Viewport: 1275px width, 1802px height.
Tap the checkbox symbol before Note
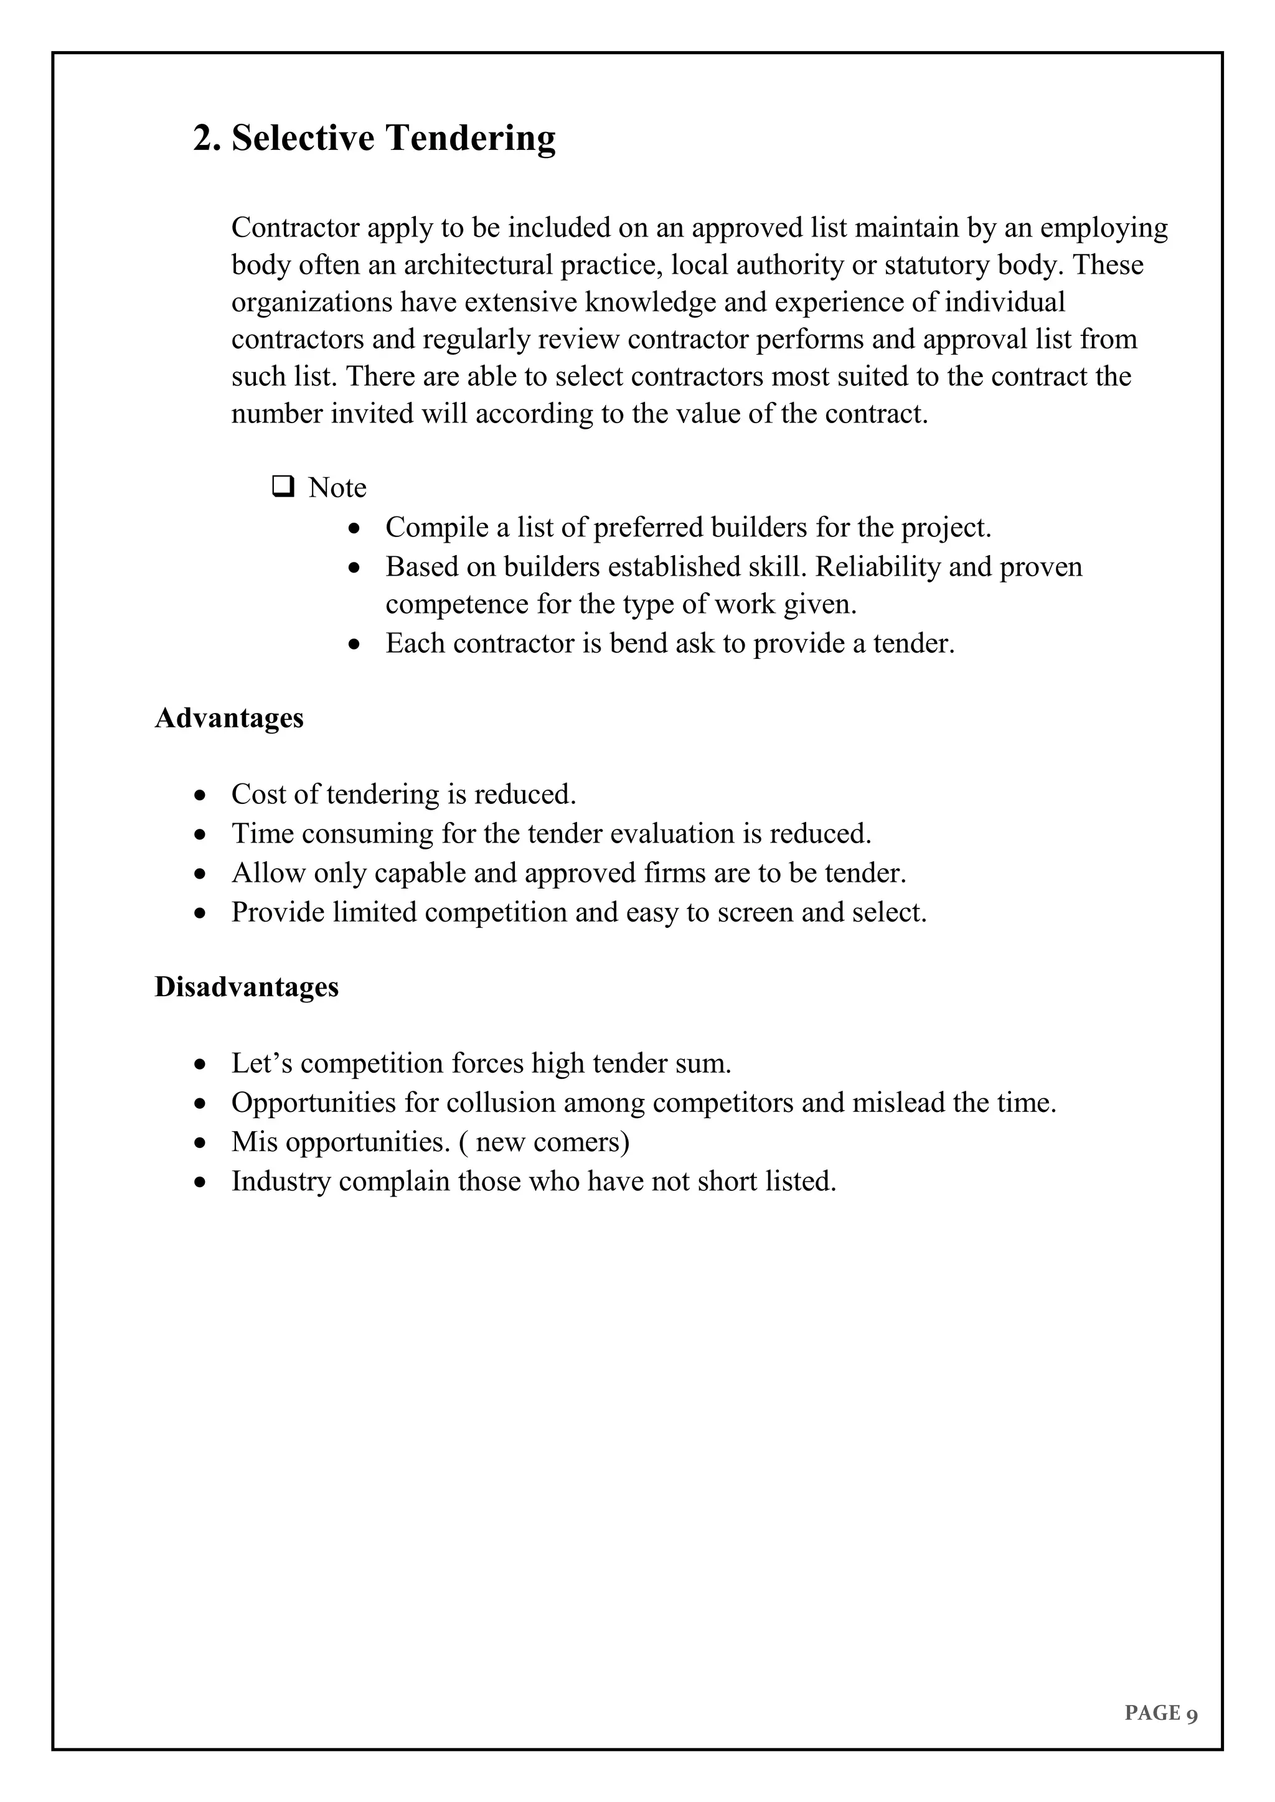[283, 487]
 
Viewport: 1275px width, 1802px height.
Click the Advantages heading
[228, 717]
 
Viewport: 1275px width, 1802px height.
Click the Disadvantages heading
[247, 986]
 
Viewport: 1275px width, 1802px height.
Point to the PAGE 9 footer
[1160, 1712]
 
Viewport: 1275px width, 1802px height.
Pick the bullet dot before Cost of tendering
[201, 795]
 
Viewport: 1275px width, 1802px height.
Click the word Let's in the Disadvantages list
[261, 1063]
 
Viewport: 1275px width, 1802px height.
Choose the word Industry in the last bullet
[281, 1181]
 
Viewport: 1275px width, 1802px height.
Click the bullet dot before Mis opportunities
[201, 1142]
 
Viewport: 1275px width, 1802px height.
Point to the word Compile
[437, 528]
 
